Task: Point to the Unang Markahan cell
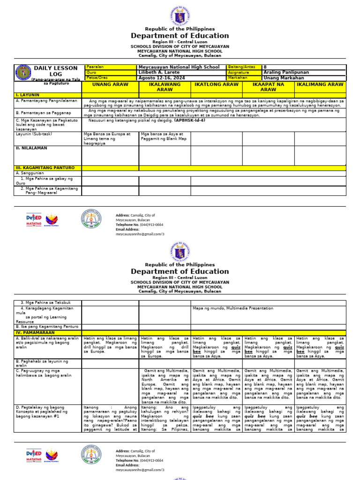pyautogui.click(x=284, y=78)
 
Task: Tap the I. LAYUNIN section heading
pyautogui.click(x=28, y=95)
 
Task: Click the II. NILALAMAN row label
pyautogui.click(x=31, y=148)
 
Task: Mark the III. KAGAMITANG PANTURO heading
pyautogui.click(x=45, y=168)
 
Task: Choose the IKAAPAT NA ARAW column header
pyautogui.click(x=268, y=87)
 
